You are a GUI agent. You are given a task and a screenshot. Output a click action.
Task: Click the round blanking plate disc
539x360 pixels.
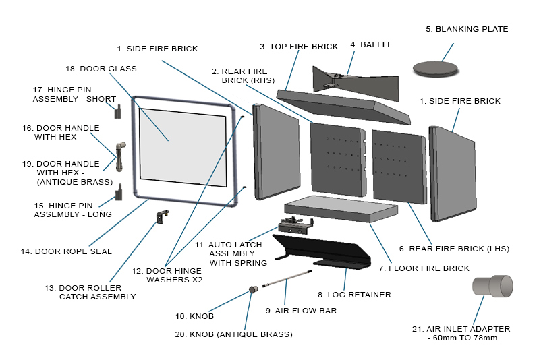click(434, 67)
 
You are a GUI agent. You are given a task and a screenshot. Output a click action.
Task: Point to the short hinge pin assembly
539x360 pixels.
click(118, 111)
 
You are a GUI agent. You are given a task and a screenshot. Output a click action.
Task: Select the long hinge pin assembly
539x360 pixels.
click(119, 192)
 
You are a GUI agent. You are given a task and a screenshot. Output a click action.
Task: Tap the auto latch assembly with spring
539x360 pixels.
click(296, 224)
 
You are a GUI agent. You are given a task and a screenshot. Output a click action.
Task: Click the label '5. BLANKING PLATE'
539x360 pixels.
click(467, 29)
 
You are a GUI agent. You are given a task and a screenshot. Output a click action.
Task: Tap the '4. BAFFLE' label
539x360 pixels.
click(371, 44)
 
